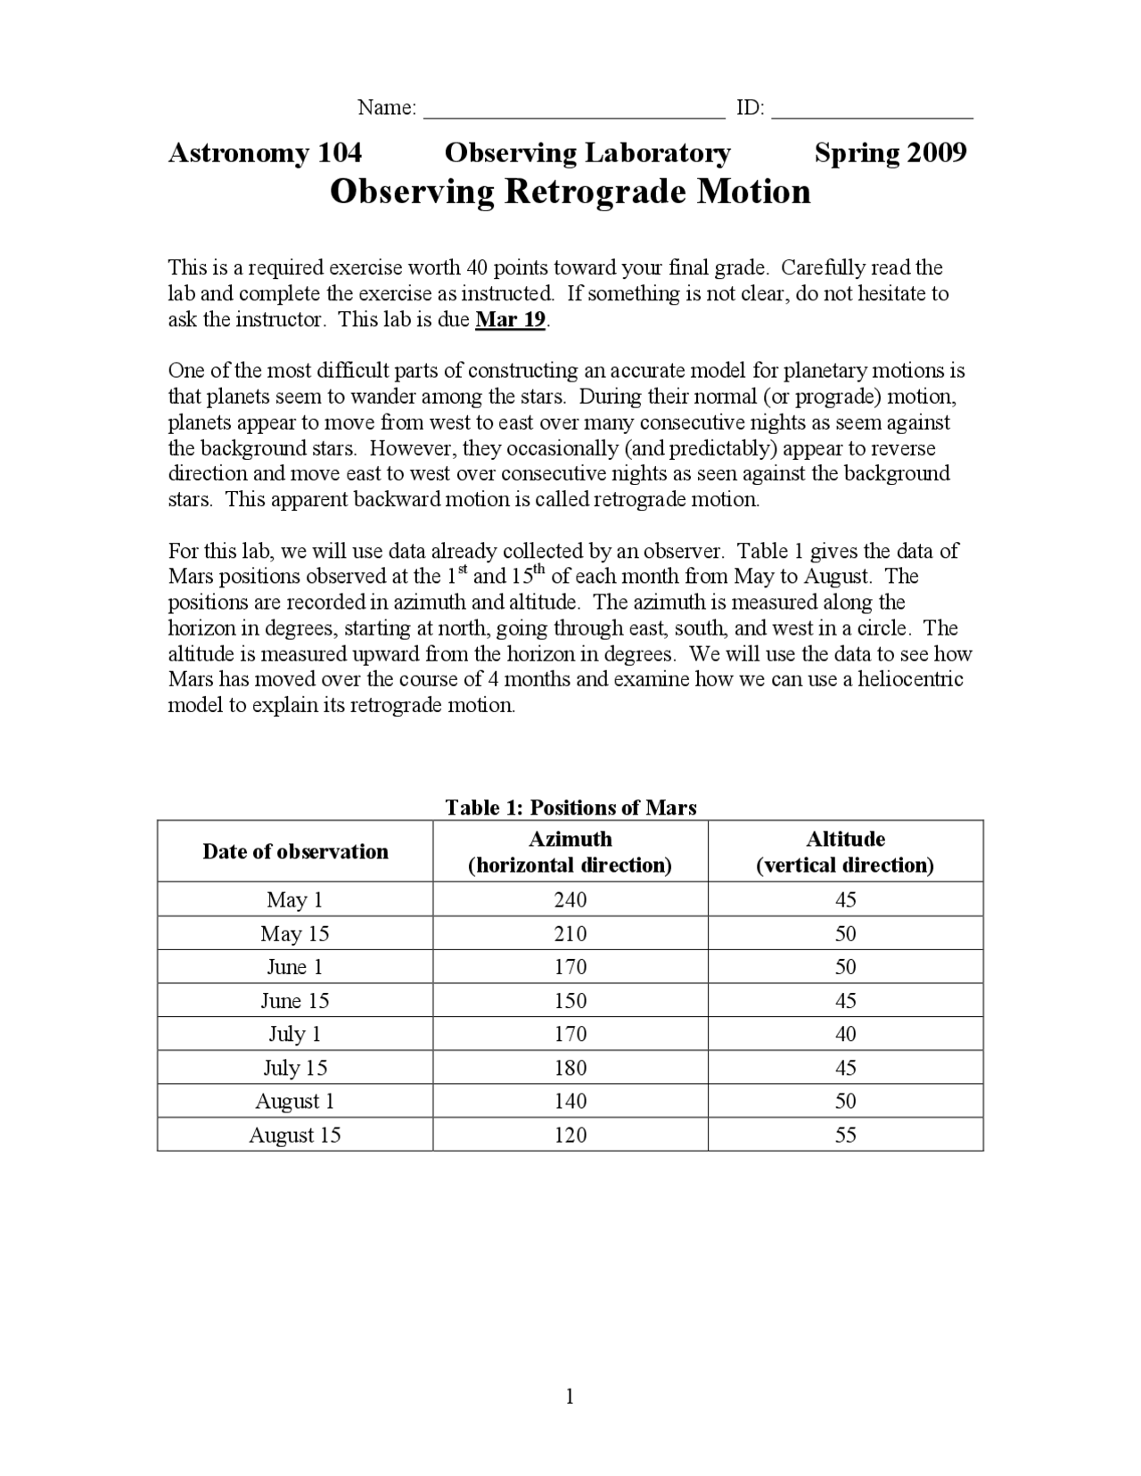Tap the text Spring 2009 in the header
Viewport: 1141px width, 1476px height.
tap(890, 153)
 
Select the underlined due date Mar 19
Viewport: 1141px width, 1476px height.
tap(510, 320)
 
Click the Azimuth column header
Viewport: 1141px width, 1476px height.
tap(570, 851)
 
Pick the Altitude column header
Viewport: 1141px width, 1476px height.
tap(845, 851)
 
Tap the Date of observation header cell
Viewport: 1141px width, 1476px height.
tap(295, 851)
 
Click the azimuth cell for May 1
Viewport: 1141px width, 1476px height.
tap(570, 899)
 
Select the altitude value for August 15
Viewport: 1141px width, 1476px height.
tap(845, 1135)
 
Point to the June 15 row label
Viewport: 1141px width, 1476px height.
tap(295, 1000)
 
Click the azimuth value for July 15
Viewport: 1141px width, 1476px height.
tap(570, 1067)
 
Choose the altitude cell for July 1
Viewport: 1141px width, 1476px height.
tap(845, 1034)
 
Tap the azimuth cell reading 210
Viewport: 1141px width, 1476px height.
tap(570, 933)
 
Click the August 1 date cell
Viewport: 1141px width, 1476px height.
tap(295, 1101)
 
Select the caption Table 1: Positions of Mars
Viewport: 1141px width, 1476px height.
tap(570, 808)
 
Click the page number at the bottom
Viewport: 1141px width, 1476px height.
tap(570, 1397)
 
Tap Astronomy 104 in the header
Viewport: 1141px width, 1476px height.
tap(265, 153)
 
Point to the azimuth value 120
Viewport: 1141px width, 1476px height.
tap(570, 1135)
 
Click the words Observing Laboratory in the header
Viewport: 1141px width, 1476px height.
tap(587, 153)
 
